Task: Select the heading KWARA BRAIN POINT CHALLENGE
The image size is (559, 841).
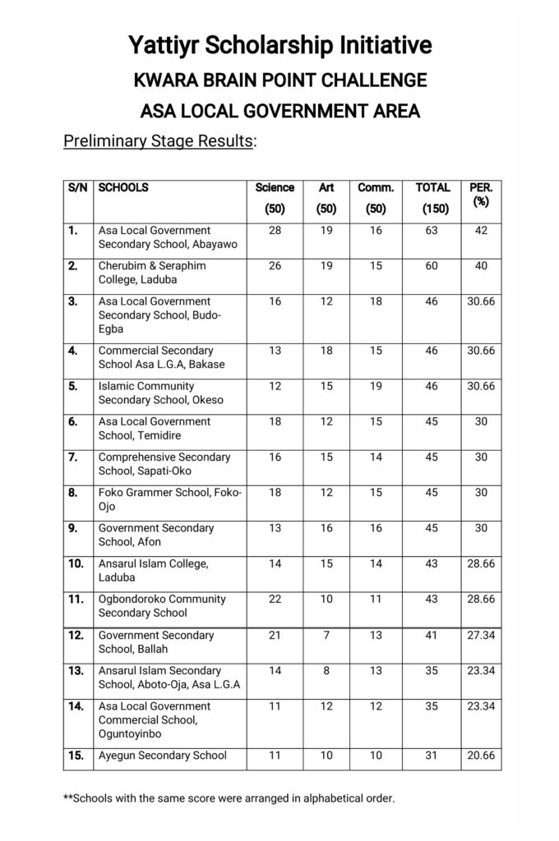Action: coord(279,80)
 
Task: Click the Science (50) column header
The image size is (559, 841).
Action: coord(275,198)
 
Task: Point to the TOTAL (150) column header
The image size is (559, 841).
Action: coord(432,198)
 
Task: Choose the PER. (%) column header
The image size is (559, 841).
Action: coord(481,195)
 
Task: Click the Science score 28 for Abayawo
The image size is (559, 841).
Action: coord(275,231)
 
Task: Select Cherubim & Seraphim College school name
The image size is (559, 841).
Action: coord(152,273)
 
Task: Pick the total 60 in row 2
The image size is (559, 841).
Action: coord(432,266)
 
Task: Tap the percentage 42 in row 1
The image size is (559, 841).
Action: coord(481,231)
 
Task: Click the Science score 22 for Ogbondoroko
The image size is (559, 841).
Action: coord(275,600)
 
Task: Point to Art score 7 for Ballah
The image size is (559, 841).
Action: coord(326,635)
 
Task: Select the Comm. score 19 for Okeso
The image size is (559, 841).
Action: coord(376,386)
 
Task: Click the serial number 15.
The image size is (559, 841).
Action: coord(76,756)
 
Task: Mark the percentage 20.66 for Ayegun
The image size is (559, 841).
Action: coord(481,756)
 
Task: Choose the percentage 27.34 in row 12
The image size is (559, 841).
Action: coord(481,635)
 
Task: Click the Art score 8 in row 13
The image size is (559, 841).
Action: coord(326,670)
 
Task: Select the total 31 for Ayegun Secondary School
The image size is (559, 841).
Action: coord(432,756)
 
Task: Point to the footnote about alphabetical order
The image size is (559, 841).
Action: coord(229,797)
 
